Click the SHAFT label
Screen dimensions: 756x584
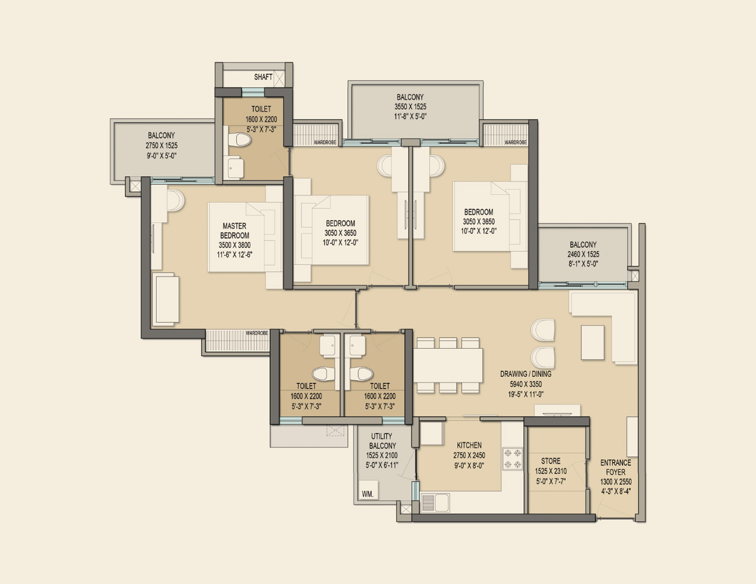[263, 77]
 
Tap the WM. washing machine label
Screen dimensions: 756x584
[367, 494]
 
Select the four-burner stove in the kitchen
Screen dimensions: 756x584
[512, 459]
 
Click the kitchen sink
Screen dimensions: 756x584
[435, 502]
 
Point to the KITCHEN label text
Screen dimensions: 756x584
[469, 445]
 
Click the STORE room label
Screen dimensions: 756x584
[551, 461]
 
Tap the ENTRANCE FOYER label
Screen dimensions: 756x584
[615, 467]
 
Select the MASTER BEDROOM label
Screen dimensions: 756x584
[235, 230]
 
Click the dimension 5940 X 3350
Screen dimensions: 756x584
[526, 384]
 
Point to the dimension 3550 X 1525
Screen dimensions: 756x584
[410, 107]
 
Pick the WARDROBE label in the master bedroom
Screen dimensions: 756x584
[257, 333]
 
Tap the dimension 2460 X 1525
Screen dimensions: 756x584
[583, 254]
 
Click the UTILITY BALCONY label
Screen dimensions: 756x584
[382, 441]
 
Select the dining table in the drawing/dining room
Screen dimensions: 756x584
[448, 366]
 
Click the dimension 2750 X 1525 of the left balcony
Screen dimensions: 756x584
[162, 145]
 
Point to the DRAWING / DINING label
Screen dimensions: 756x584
[526, 374]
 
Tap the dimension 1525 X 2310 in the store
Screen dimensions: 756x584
[551, 471]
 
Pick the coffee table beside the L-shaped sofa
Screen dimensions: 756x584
[592, 342]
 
